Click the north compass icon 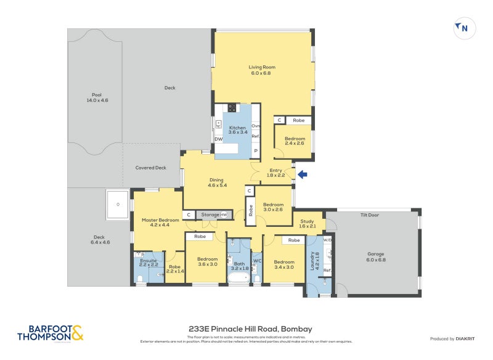click(x=462, y=28)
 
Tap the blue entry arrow click(x=302, y=174)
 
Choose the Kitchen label click(x=237, y=128)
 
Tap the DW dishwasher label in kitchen click(x=219, y=139)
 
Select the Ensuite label click(x=148, y=261)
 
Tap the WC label click(x=257, y=261)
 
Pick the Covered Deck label click(x=151, y=168)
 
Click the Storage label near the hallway click(x=210, y=214)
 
